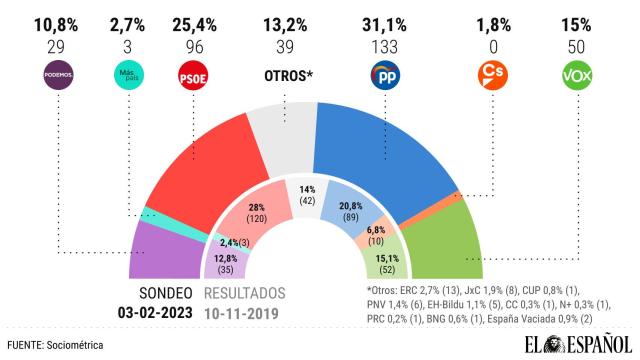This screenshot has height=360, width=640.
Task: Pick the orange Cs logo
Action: click(x=496, y=74)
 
